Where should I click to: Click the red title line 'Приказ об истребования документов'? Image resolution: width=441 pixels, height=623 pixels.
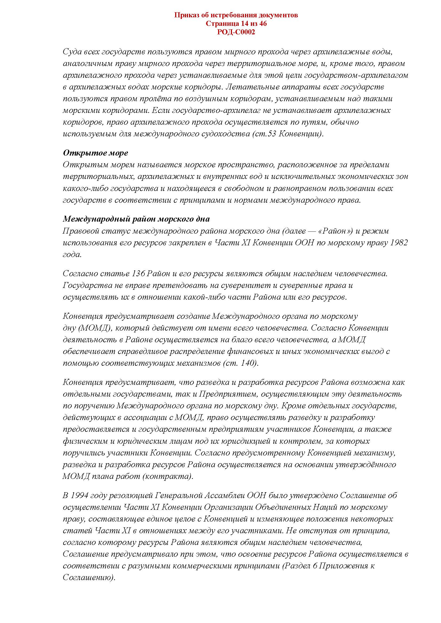[x=236, y=15]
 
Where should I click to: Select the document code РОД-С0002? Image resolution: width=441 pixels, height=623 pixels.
[x=236, y=32]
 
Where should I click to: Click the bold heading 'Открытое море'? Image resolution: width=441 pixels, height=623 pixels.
[x=95, y=153]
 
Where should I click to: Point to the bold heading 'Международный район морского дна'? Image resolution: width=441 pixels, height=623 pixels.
[x=136, y=219]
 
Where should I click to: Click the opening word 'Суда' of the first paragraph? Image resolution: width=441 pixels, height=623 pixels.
[x=71, y=52]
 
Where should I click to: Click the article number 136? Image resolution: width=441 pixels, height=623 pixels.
[x=138, y=274]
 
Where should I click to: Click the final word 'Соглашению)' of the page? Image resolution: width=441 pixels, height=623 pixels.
[x=89, y=577]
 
